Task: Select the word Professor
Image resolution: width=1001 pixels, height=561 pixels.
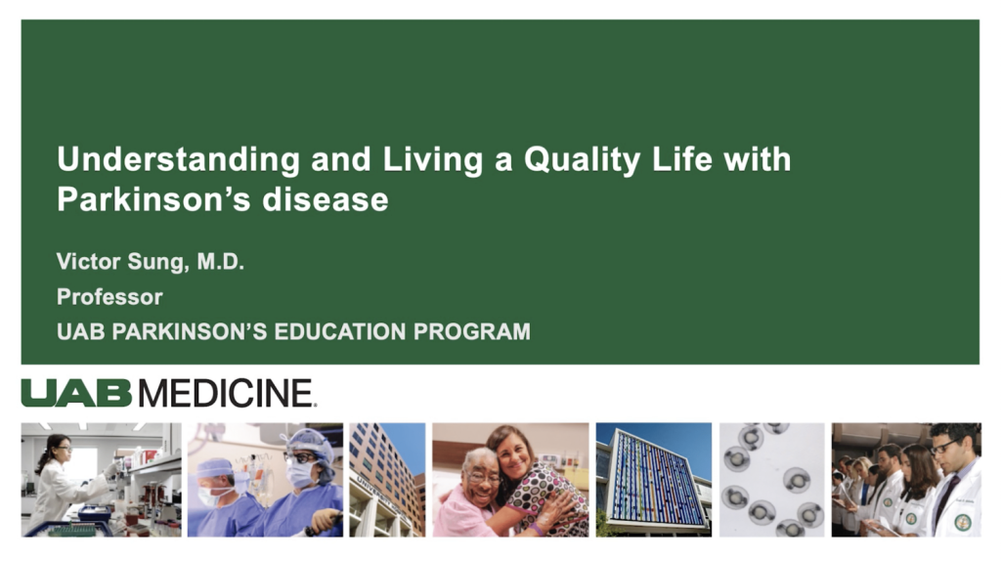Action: (109, 296)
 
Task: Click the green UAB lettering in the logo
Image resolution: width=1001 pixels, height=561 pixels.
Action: (76, 393)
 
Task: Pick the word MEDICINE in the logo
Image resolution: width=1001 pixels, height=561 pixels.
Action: (226, 393)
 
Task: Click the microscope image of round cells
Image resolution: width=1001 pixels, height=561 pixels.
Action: (771, 480)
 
